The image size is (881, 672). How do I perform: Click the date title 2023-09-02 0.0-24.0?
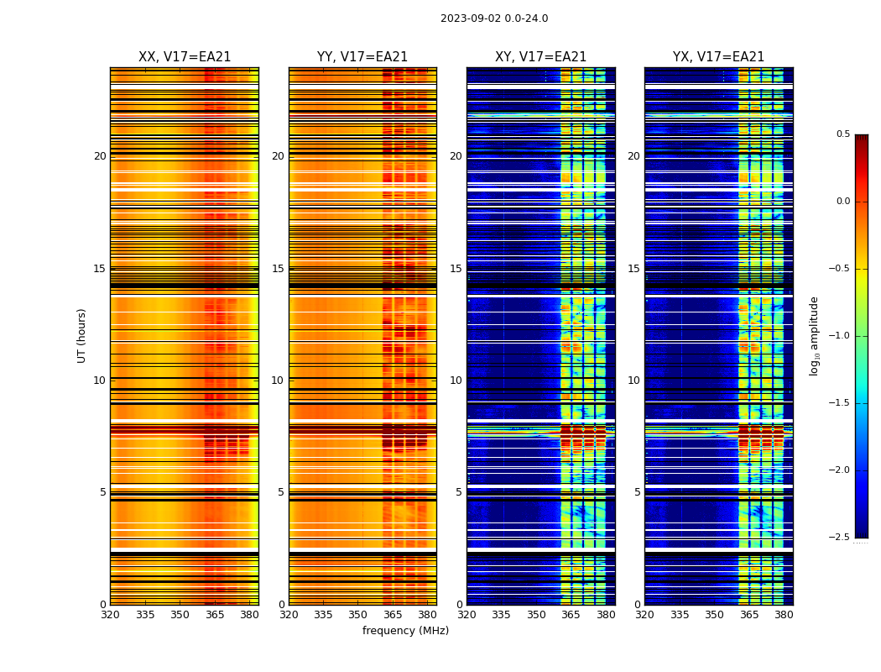point(494,18)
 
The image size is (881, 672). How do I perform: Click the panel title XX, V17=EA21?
point(185,57)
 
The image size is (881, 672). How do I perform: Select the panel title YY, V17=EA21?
point(362,57)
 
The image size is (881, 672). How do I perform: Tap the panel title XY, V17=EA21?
point(540,57)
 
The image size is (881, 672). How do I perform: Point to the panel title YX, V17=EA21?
point(718,57)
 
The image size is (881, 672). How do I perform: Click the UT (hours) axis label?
point(81,335)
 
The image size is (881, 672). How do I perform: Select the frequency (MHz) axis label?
point(405,631)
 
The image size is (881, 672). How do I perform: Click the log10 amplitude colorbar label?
point(813,335)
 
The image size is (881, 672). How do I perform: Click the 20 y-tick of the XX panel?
point(100,156)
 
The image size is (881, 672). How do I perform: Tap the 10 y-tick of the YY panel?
point(278,381)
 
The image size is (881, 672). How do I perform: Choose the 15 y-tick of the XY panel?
point(456,269)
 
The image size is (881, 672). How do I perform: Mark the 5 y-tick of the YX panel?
point(637,492)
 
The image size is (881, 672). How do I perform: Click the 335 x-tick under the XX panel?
point(145,615)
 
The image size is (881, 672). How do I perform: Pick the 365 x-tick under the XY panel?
point(571,615)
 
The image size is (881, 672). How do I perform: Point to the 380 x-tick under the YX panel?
point(784,615)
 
